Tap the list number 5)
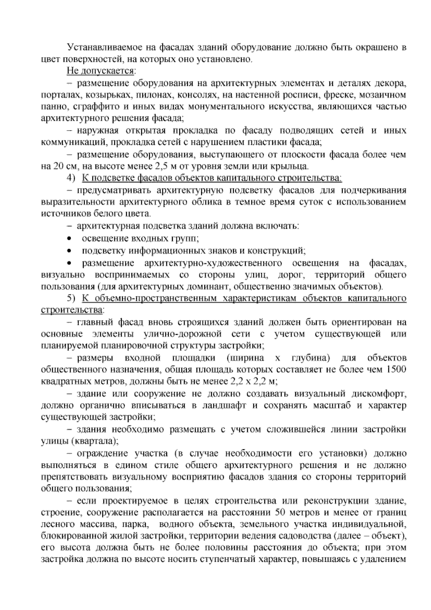pyautogui.click(x=72, y=299)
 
